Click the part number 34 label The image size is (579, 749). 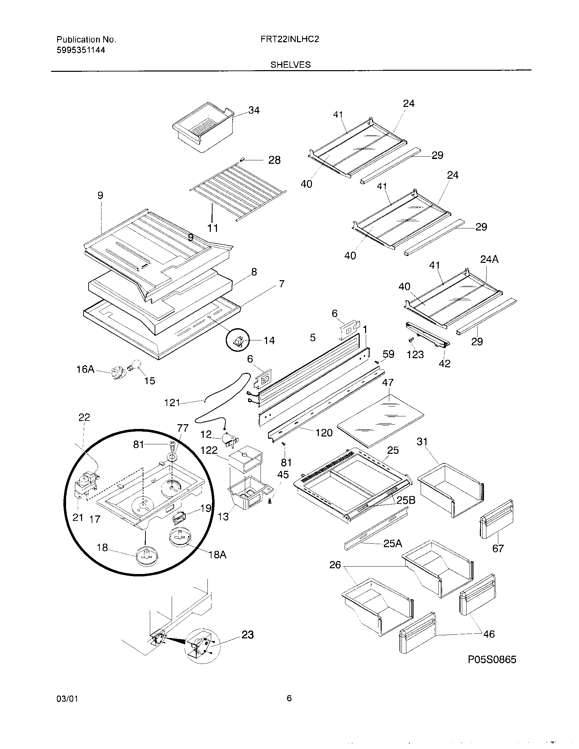[x=254, y=110]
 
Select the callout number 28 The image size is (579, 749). [x=274, y=160]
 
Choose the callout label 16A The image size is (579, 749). [x=85, y=369]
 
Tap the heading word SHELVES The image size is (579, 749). [x=291, y=65]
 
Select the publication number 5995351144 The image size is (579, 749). [x=81, y=50]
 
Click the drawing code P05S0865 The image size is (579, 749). [x=492, y=659]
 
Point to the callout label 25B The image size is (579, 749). [x=406, y=500]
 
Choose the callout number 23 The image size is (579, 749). [x=248, y=635]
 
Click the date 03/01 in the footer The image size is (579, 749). [x=67, y=699]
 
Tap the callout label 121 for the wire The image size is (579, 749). [x=172, y=403]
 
